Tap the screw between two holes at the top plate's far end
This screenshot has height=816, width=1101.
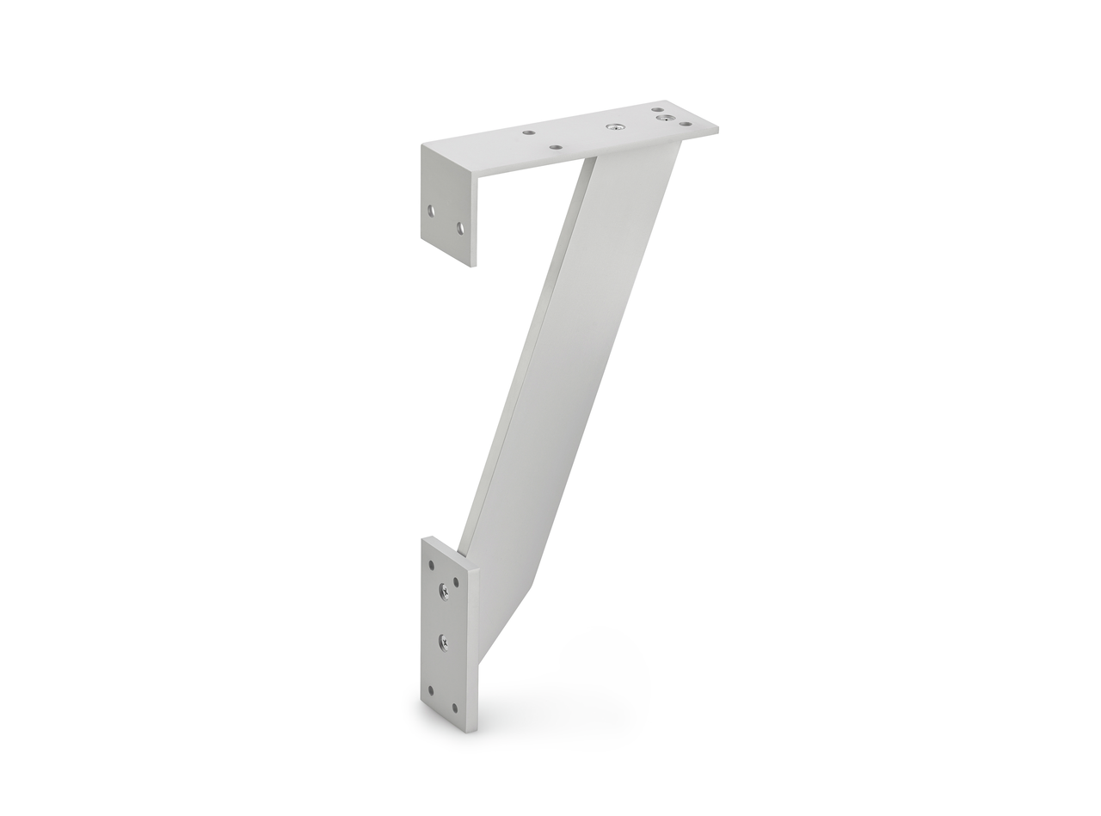663,118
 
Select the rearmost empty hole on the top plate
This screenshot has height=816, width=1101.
658,109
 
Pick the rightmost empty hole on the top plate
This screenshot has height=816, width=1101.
686,125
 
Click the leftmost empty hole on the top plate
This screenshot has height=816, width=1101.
529,133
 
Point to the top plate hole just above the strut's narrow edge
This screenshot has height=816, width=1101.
557,148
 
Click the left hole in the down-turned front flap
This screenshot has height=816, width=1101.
432,210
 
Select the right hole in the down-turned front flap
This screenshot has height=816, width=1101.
460,228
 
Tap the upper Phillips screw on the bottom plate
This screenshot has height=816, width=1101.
444,590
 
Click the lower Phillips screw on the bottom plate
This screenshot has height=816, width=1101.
444,640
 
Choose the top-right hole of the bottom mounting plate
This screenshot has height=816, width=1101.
456,581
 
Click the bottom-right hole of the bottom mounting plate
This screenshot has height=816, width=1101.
456,708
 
